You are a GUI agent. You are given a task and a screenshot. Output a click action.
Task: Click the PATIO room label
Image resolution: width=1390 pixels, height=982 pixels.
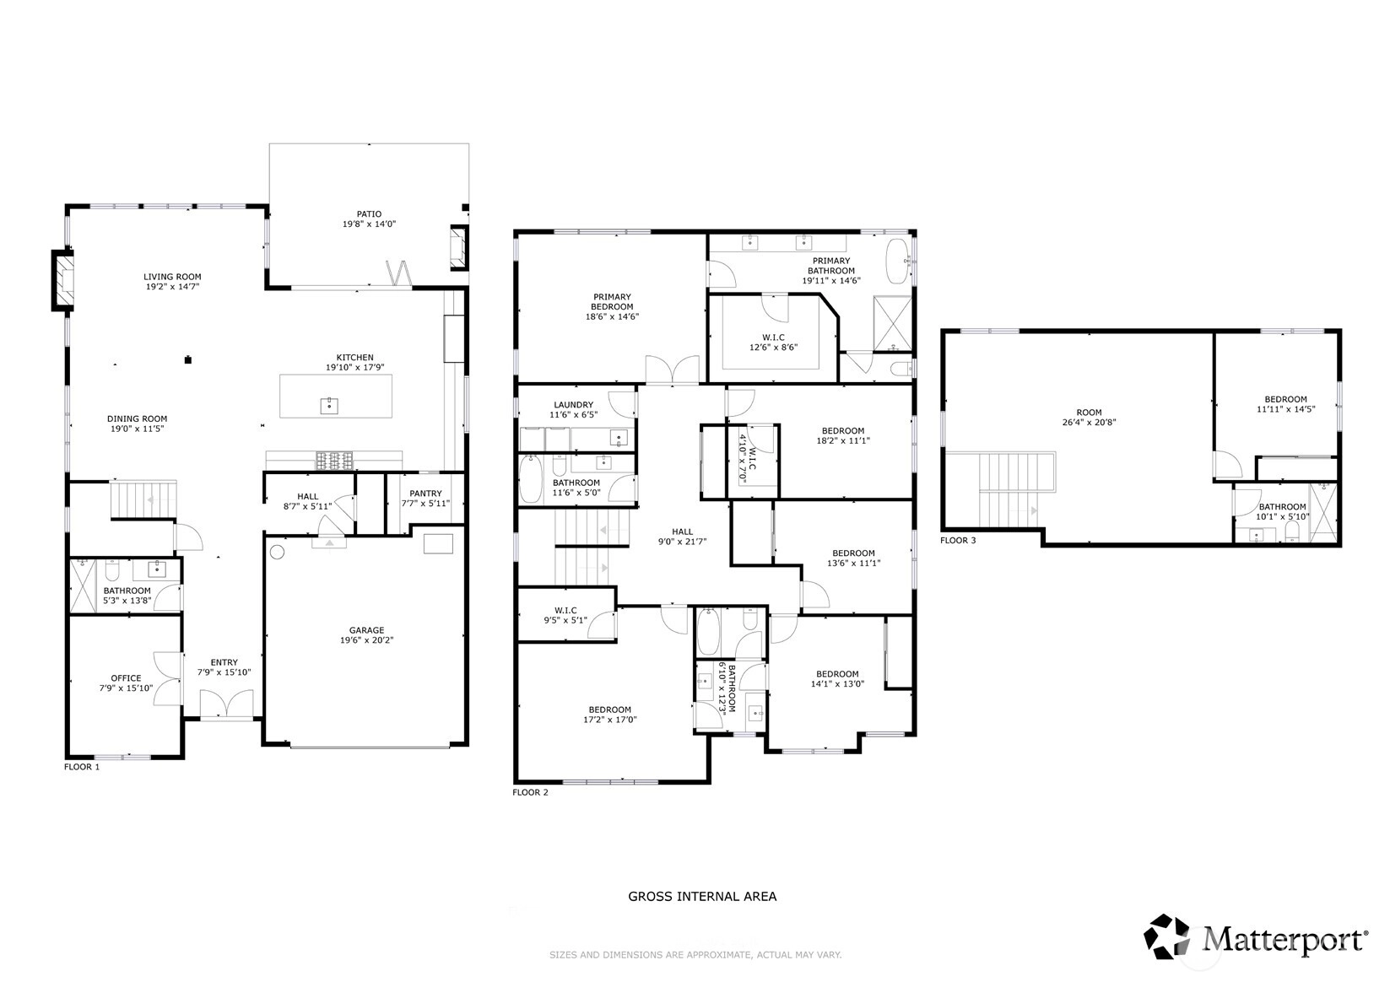[369, 214]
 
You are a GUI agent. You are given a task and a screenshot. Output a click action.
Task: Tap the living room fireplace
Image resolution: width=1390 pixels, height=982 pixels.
[62, 280]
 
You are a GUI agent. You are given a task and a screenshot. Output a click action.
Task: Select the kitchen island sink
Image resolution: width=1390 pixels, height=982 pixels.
[329, 406]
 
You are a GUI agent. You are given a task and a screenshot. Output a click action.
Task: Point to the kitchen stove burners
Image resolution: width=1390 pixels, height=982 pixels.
[334, 461]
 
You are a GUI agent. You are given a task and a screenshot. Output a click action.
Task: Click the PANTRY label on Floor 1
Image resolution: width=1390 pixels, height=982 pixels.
[425, 494]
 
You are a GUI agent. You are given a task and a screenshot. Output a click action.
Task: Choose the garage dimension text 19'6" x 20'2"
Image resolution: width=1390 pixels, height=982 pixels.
[366, 640]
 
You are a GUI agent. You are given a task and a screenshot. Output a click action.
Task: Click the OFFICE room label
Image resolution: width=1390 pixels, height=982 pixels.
[126, 678]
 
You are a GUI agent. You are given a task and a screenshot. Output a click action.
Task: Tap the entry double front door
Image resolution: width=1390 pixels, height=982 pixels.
[226, 705]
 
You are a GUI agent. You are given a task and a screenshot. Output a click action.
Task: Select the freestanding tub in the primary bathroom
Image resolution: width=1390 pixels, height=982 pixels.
[897, 262]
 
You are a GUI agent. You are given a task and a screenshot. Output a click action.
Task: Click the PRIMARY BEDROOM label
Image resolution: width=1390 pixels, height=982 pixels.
[612, 301]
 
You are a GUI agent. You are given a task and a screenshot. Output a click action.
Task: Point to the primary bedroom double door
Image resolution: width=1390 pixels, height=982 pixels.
[672, 370]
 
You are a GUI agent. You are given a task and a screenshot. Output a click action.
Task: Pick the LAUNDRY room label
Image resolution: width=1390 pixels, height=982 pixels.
[573, 404]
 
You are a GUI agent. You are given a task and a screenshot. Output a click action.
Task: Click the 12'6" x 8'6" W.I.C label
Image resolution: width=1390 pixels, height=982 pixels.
[773, 348]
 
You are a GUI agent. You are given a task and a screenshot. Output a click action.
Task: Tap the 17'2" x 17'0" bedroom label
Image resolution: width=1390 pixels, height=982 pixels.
[610, 720]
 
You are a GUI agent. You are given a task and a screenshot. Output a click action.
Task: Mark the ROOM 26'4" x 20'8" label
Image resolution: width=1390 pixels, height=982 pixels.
[1089, 417]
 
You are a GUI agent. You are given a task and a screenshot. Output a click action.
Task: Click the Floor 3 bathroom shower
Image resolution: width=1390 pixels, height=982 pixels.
[1323, 512]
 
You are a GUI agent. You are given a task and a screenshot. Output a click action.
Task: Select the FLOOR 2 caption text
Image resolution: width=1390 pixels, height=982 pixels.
[531, 792]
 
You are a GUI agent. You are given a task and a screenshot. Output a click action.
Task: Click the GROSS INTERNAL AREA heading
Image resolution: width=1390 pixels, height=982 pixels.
[702, 896]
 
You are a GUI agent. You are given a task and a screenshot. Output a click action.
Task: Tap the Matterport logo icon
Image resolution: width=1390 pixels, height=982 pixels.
[1166, 936]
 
